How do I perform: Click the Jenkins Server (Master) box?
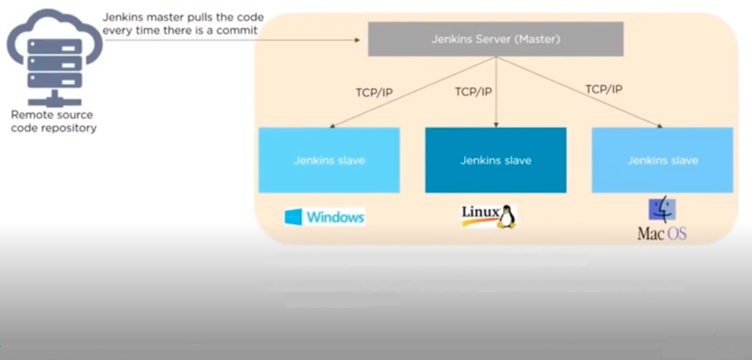(496, 39)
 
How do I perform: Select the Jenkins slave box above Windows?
(329, 160)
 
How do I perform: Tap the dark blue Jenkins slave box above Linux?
(496, 160)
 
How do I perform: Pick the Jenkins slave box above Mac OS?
(662, 160)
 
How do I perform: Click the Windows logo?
(293, 217)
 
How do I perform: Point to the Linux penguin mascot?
(507, 217)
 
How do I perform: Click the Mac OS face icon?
(661, 210)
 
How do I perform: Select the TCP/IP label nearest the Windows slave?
(374, 92)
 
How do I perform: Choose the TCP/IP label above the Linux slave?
(473, 92)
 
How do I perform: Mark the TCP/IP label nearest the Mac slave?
(603, 89)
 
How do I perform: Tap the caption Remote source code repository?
(53, 122)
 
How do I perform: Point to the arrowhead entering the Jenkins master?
(357, 40)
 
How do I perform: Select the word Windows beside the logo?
(335, 217)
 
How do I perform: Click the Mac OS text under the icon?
(661, 233)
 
